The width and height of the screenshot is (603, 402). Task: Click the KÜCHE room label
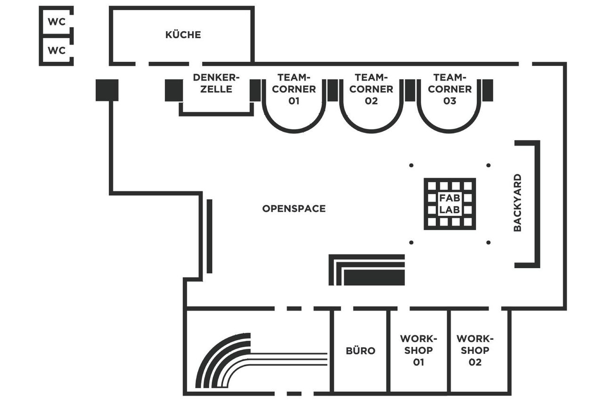coord(183,34)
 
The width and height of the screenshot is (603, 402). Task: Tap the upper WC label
coord(57,22)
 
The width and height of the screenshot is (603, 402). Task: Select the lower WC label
coord(57,50)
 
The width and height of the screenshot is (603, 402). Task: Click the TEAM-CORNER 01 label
coord(294,89)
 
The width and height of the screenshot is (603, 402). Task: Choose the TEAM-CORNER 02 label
coord(371,89)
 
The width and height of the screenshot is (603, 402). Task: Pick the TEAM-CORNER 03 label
coord(449,89)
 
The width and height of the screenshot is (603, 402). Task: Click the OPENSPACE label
coord(293,208)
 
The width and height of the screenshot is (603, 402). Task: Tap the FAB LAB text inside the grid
coord(449,204)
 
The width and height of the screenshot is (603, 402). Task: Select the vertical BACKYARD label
coord(517,203)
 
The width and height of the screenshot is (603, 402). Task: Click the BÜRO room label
coord(360,351)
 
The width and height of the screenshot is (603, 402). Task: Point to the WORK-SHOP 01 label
coord(418,350)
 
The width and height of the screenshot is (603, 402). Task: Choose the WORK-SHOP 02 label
coord(475,350)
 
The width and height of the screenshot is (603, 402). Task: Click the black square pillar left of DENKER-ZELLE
coord(174,90)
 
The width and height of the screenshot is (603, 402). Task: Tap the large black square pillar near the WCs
coord(107,90)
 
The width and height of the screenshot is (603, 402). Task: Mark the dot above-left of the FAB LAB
coord(411,165)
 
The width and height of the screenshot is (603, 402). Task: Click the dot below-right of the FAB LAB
coord(489,242)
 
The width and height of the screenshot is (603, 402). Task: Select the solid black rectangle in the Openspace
coord(374,278)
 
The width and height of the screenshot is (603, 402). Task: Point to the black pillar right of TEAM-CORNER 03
coord(488,90)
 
